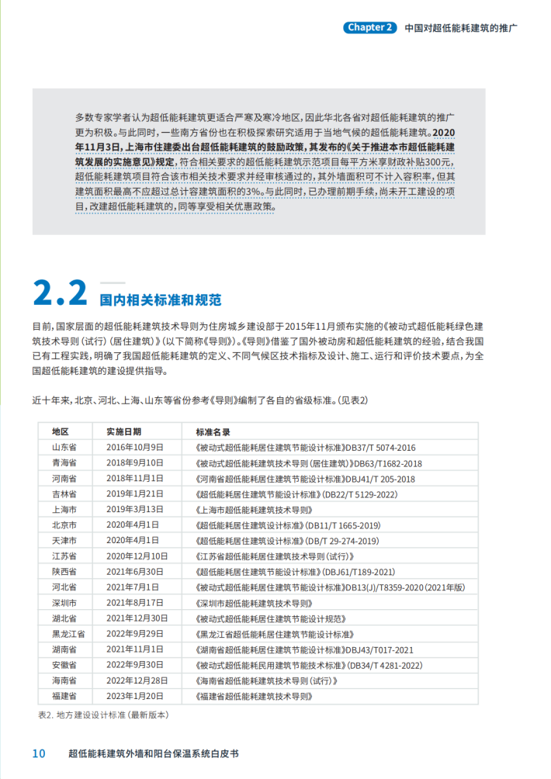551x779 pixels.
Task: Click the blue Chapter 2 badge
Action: pos(369,28)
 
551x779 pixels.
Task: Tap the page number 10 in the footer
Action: pos(38,754)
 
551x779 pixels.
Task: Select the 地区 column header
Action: pos(61,431)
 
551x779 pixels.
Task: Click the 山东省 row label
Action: pos(64,448)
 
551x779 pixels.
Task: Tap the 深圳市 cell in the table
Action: pos(64,603)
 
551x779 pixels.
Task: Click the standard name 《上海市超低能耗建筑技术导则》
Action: pos(251,510)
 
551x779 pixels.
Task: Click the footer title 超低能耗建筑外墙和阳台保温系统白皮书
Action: pos(154,754)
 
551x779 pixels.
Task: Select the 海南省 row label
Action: pos(64,680)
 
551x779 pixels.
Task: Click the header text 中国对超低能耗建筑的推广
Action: pos(461,28)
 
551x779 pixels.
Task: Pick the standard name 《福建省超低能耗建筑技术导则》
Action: pos(251,696)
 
